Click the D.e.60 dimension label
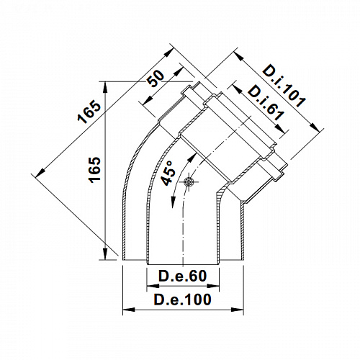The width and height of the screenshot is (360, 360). (x=183, y=276)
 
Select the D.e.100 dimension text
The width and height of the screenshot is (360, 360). (x=183, y=300)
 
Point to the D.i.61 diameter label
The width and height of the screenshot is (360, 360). (x=266, y=103)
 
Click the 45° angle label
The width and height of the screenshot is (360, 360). (x=167, y=173)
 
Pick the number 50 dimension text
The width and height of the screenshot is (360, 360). (x=156, y=78)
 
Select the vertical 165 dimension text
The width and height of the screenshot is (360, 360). (x=95, y=170)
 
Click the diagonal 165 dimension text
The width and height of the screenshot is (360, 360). (x=89, y=112)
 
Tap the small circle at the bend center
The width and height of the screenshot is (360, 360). (x=189, y=181)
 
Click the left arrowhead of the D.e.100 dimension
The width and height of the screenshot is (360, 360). (x=129, y=310)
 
